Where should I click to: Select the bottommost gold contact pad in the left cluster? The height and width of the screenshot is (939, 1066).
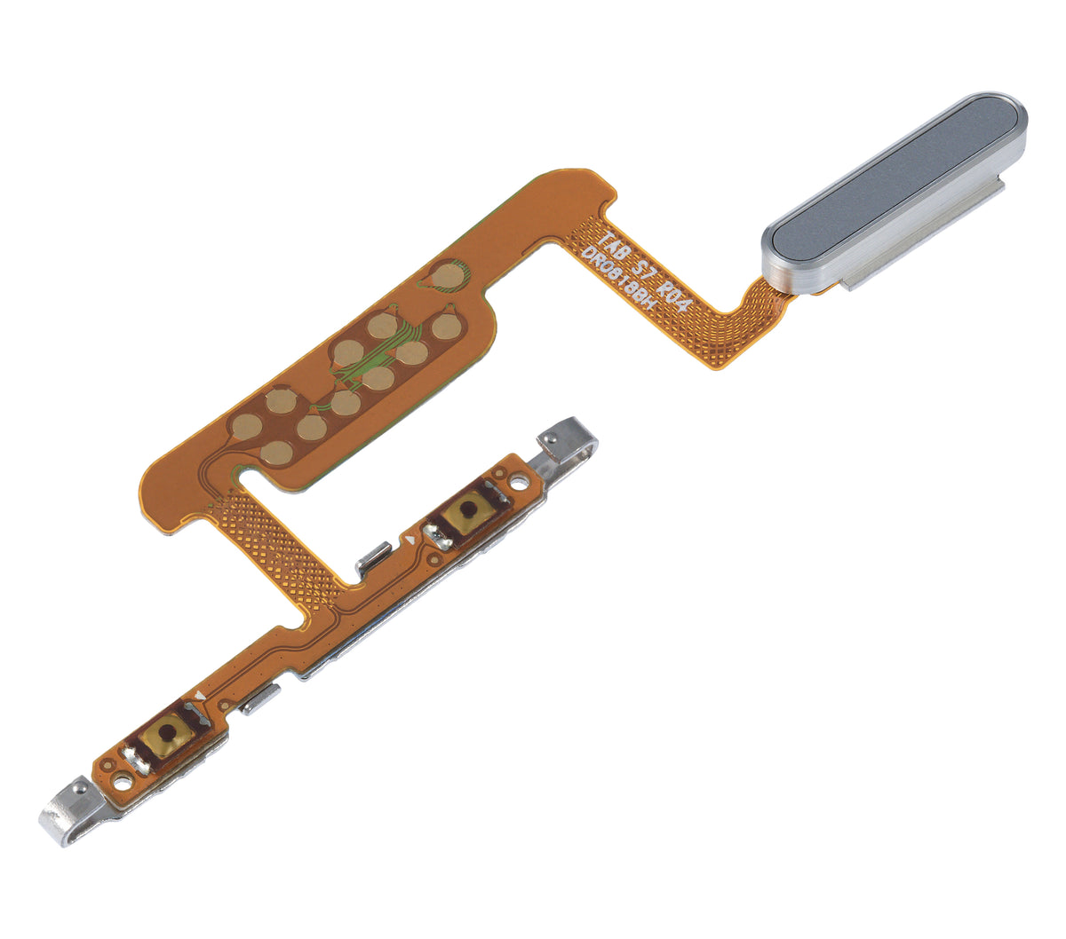click(x=277, y=454)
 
